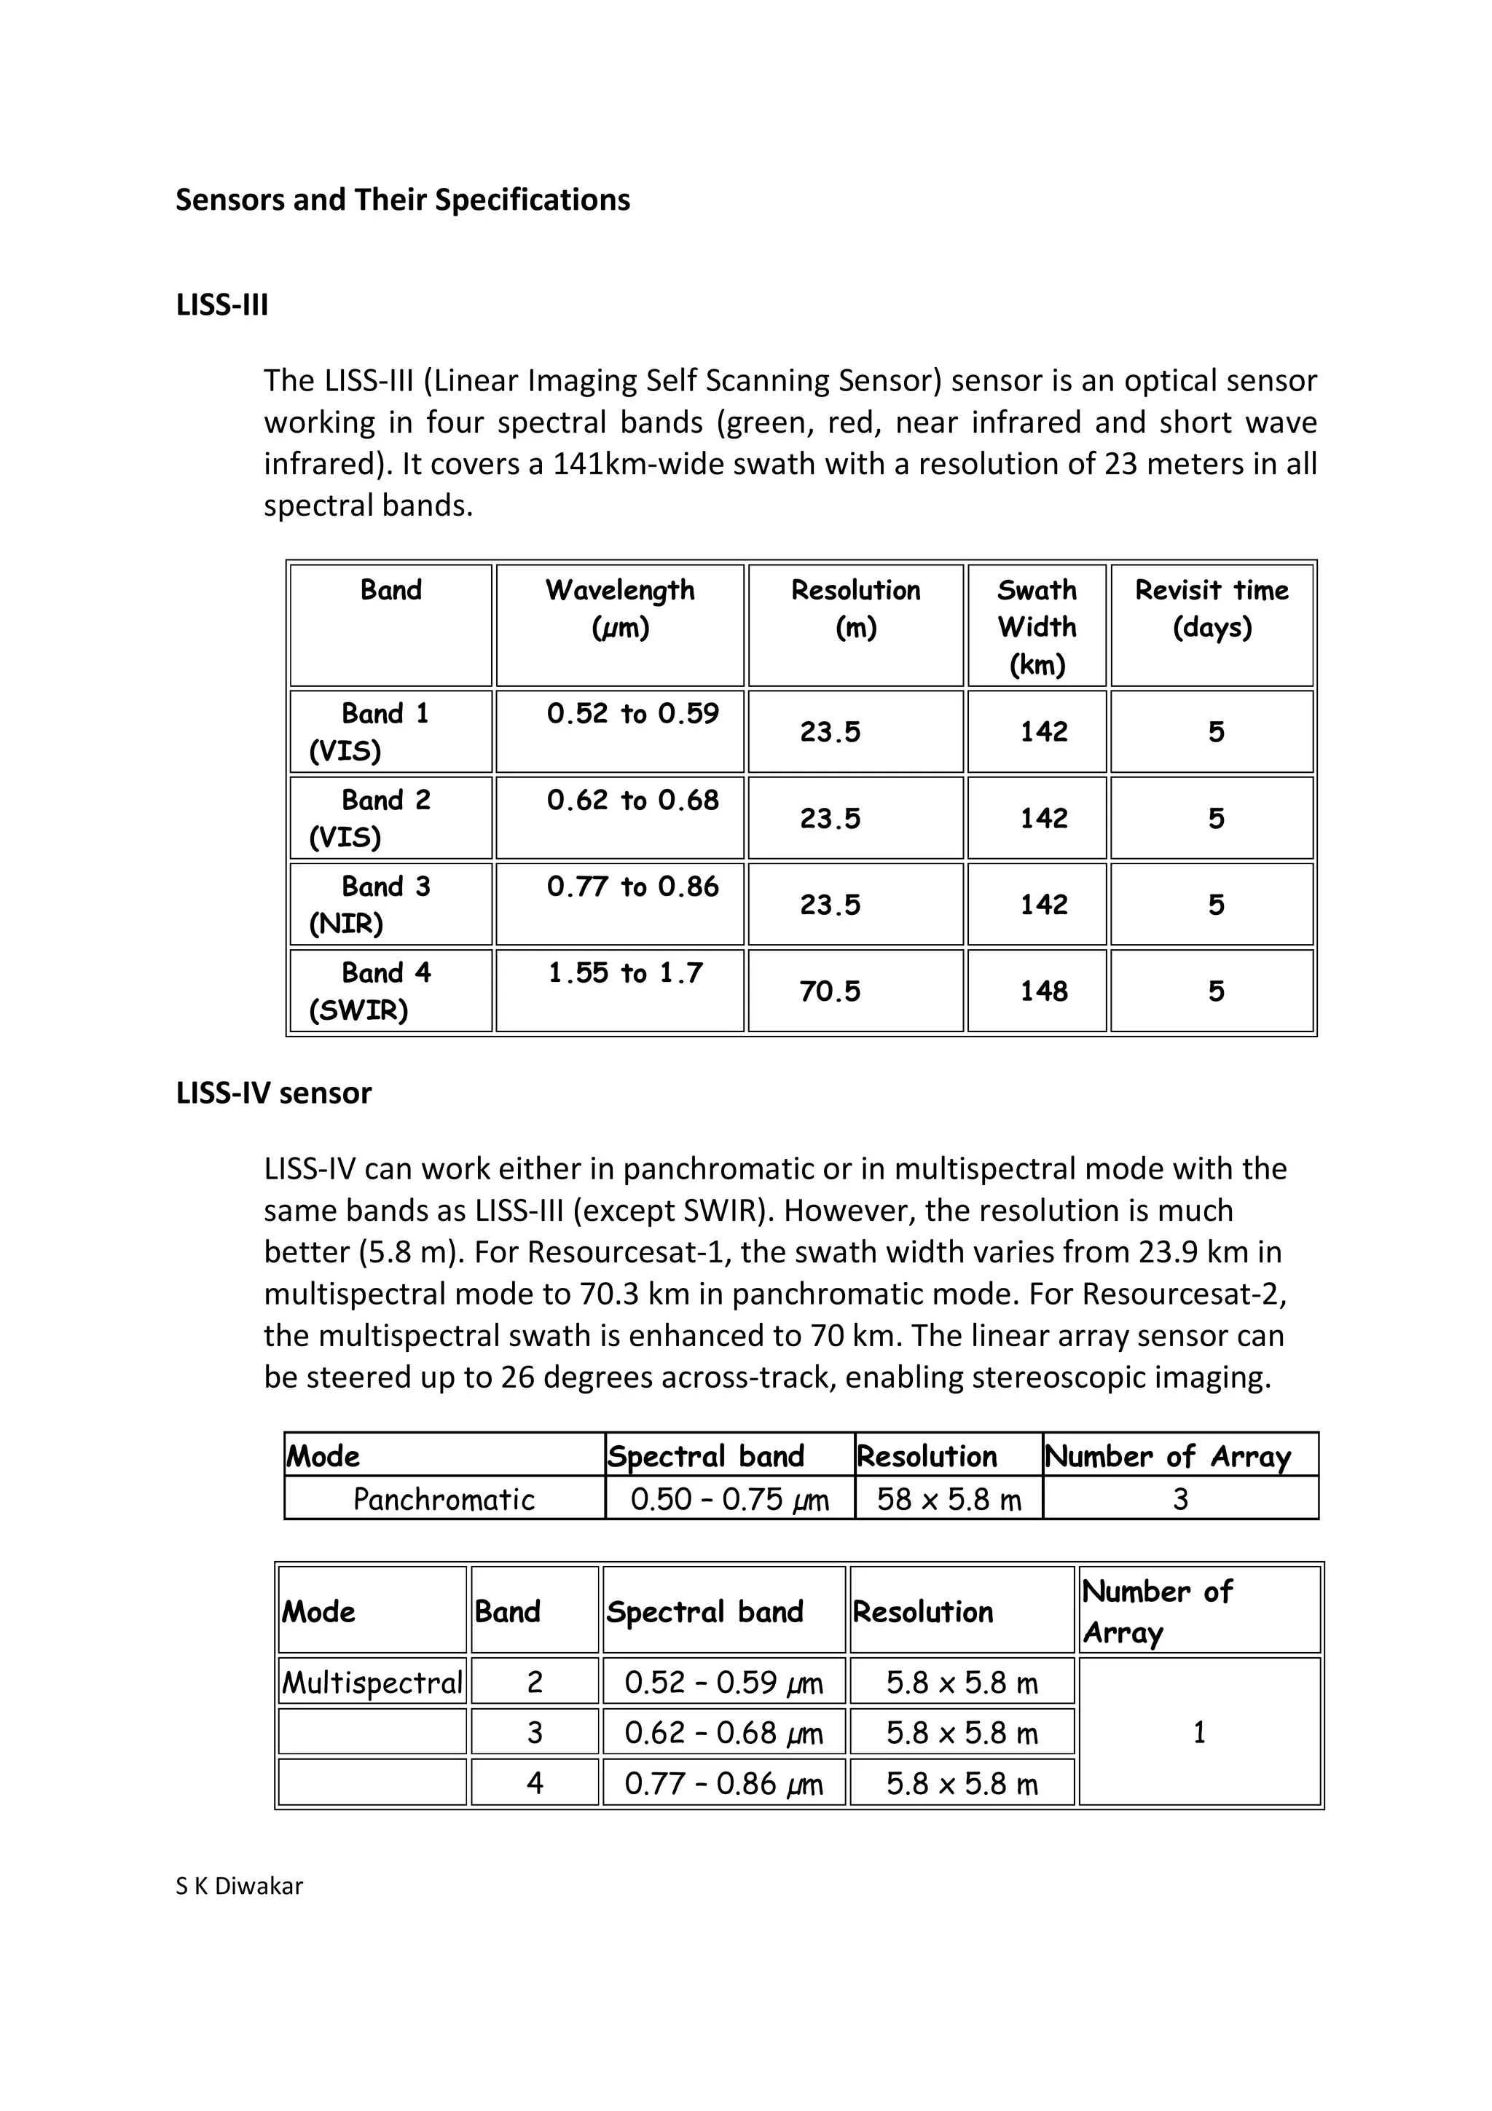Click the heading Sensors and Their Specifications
coord(403,200)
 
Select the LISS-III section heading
coord(221,304)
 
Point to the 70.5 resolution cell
coord(830,991)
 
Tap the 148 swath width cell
coord(1043,991)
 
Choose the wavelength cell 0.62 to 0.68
coord(632,800)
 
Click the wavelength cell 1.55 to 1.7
coord(625,972)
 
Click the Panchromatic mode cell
coord(444,1500)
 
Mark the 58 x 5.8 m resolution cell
coord(949,1500)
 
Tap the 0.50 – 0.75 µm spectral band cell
coord(729,1500)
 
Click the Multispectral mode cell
coord(372,1683)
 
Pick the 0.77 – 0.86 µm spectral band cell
coord(723,1784)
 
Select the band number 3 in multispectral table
coord(534,1733)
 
